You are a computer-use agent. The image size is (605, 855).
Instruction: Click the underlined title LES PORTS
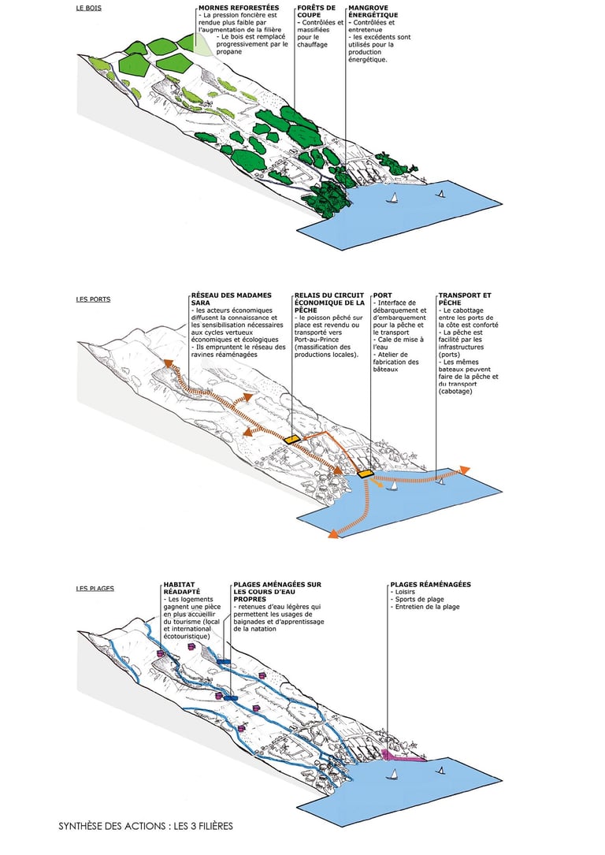[93, 300]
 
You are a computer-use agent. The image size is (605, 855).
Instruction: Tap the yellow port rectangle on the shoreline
[366, 474]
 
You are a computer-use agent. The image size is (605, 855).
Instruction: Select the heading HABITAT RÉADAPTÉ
[182, 589]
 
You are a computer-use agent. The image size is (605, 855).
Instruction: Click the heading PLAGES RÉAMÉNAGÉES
[430, 585]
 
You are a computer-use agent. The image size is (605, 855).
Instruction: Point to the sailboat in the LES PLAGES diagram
[391, 775]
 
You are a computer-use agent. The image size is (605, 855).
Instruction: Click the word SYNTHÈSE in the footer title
[84, 827]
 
